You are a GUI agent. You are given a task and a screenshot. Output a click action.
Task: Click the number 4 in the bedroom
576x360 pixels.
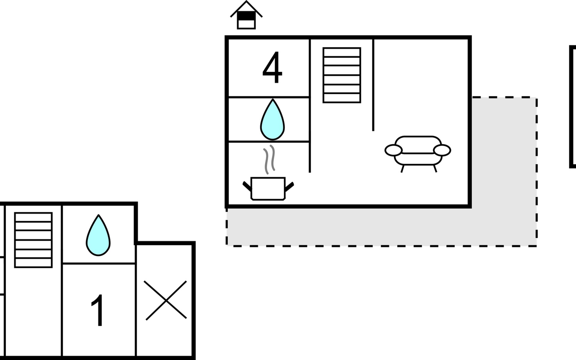pos(272,67)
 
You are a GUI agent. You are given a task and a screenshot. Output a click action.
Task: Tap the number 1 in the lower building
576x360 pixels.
pos(98,310)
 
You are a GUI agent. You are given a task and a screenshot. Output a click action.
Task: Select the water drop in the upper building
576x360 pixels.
pos(272,119)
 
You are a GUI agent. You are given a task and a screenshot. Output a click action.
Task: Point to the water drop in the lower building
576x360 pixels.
pos(98,235)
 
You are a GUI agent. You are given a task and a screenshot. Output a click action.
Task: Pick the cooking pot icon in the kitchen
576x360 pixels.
pos(268,188)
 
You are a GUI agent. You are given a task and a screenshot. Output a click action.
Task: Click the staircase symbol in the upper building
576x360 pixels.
pos(342,75)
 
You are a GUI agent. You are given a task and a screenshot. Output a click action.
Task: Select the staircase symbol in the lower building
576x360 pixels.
pos(33,240)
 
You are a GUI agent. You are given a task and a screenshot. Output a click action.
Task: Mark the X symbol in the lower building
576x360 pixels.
pos(166,300)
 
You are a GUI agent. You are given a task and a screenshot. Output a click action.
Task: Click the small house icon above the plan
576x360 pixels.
pos(246,15)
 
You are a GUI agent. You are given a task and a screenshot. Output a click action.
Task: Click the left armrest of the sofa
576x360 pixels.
pos(393,150)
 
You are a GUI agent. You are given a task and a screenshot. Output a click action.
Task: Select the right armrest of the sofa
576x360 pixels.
pos(442,150)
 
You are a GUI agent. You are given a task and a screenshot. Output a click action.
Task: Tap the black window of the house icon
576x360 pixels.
pos(246,16)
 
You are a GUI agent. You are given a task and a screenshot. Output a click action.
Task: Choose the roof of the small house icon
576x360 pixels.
pos(246,9)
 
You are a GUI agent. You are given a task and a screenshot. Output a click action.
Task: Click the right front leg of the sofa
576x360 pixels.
pos(435,169)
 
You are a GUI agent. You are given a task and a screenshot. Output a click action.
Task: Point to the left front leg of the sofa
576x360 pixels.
pos(403,169)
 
